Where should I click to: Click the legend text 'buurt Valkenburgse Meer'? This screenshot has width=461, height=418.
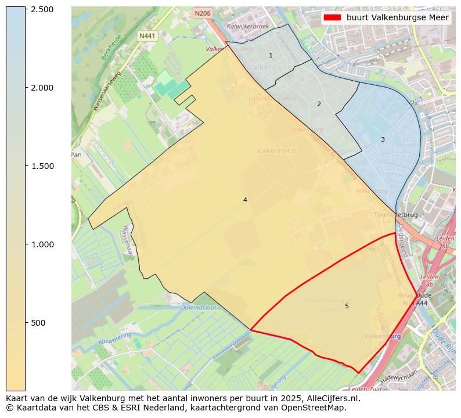pyautogui.click(x=397, y=18)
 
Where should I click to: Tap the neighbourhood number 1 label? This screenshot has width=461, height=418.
pyautogui.click(x=271, y=55)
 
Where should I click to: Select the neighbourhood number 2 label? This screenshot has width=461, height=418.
pyautogui.click(x=319, y=104)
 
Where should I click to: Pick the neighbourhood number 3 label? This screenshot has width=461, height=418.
pyautogui.click(x=383, y=139)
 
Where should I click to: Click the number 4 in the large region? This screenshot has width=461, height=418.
pyautogui.click(x=245, y=200)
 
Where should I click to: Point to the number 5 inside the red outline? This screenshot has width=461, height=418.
pyautogui.click(x=347, y=306)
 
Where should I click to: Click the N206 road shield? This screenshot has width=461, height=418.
pyautogui.click(x=203, y=13)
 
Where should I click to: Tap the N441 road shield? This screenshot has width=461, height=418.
pyautogui.click(x=147, y=36)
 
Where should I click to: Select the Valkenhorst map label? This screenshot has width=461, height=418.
pyautogui.click(x=276, y=150)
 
